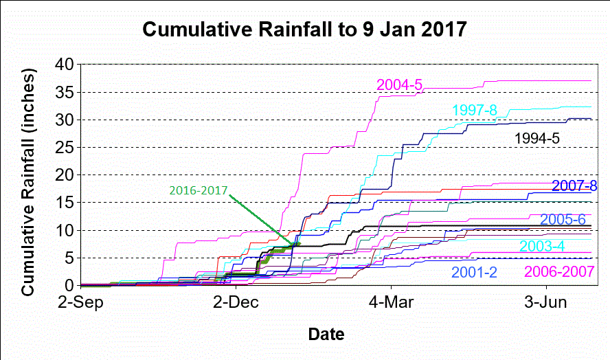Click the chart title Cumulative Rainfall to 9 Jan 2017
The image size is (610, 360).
coord(304,31)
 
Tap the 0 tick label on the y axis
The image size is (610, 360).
coord(69,285)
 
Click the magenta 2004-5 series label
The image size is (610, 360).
coord(399,85)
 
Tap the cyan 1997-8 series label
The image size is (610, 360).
coord(475,111)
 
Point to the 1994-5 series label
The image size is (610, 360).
coord(537,138)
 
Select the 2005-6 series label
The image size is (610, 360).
coord(563,220)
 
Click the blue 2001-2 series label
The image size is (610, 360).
coord(474,271)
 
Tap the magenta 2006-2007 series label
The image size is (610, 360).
coord(559,271)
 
